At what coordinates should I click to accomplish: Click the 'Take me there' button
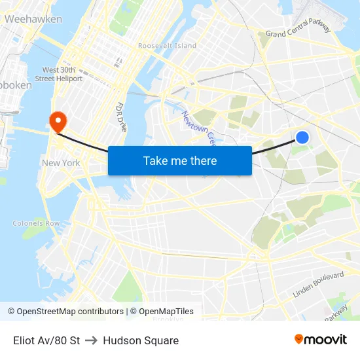(180, 160)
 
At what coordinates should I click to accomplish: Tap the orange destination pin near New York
(58, 120)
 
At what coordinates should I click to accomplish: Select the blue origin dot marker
(302, 137)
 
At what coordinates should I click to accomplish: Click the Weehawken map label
(33, 19)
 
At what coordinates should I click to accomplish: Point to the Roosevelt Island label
(167, 46)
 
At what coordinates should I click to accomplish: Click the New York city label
(60, 162)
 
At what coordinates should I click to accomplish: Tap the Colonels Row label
(36, 223)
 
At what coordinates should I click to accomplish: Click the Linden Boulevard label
(318, 284)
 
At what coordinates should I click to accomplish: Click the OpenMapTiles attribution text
(161, 312)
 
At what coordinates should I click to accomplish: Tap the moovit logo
(321, 339)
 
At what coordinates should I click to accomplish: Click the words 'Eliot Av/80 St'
(46, 340)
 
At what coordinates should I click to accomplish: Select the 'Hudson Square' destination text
(141, 340)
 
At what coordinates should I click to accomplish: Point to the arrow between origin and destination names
(91, 340)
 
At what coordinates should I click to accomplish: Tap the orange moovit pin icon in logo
(299, 339)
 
